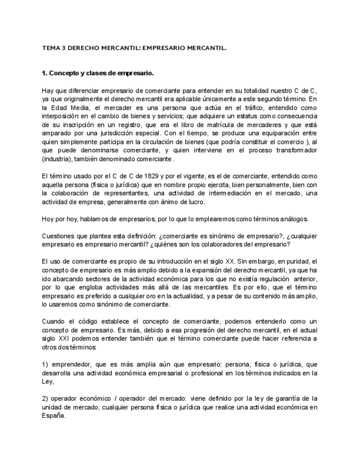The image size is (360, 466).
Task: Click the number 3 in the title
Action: click(65, 48)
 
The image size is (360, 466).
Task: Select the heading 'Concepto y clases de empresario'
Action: click(102, 73)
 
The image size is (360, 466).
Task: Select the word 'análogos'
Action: click(293, 219)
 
